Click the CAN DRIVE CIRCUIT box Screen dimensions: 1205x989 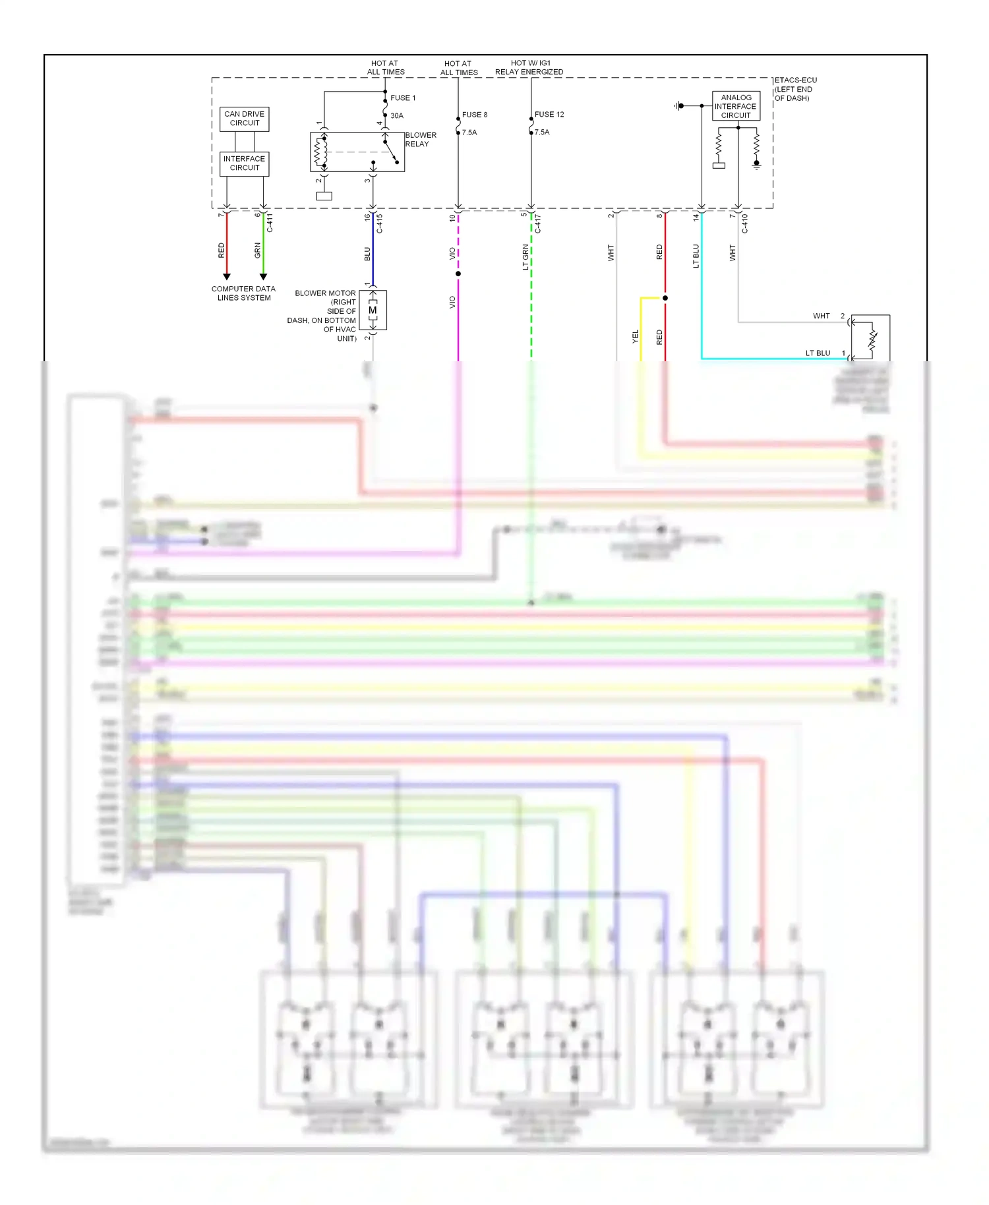click(x=244, y=119)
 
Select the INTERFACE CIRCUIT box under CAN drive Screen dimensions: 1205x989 click(x=244, y=163)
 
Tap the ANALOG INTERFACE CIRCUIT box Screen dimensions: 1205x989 click(x=736, y=106)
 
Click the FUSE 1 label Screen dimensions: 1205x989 click(x=403, y=98)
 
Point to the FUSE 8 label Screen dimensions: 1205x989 click(x=475, y=115)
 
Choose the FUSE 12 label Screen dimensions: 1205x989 click(x=549, y=115)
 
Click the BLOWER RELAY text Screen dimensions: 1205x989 click(x=420, y=140)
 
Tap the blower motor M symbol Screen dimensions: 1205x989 click(x=373, y=310)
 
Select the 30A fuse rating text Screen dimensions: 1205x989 click(x=397, y=116)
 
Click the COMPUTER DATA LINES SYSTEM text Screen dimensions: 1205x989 click(x=243, y=293)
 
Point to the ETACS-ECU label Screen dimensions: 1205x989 click(x=796, y=80)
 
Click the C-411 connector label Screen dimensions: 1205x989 click(x=270, y=223)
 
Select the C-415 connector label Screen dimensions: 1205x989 click(x=380, y=223)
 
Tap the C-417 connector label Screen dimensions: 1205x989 click(x=538, y=223)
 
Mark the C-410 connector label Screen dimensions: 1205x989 click(x=745, y=223)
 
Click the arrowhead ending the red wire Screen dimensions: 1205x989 click(x=227, y=277)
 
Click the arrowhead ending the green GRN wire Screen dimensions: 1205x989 click(x=263, y=277)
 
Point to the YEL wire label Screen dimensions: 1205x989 click(x=636, y=337)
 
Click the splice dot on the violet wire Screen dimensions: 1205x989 click(x=458, y=274)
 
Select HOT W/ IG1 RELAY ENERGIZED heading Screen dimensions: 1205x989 click(x=529, y=68)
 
